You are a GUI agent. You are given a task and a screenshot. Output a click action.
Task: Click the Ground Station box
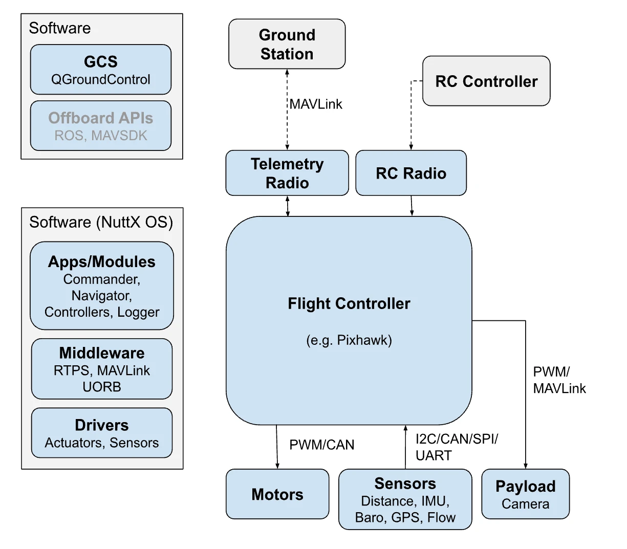click(x=287, y=44)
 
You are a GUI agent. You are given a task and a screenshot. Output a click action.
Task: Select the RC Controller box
click(x=486, y=81)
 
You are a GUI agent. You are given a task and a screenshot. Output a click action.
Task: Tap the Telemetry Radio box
click(x=287, y=173)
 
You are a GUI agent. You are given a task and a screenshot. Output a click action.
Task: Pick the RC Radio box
click(x=411, y=173)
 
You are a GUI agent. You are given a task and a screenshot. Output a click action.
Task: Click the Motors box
click(x=277, y=494)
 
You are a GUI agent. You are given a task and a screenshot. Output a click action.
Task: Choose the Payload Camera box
click(x=525, y=494)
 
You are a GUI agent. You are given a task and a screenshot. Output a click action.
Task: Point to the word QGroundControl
click(x=101, y=80)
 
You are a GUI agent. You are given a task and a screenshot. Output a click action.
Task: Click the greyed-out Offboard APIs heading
click(x=101, y=118)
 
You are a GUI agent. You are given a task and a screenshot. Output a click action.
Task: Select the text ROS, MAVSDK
click(x=101, y=136)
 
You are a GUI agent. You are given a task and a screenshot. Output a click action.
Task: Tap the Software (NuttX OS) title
click(x=101, y=222)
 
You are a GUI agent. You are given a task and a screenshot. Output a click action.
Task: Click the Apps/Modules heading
click(x=102, y=262)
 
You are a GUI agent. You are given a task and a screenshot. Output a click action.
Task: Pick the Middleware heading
click(x=102, y=353)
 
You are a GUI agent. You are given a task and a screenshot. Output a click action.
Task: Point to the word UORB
click(x=102, y=387)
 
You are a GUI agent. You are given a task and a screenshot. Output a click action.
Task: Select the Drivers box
click(x=102, y=433)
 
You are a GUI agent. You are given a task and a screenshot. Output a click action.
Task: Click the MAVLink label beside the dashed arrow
click(x=316, y=104)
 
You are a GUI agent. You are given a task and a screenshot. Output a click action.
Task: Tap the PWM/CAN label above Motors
click(x=321, y=445)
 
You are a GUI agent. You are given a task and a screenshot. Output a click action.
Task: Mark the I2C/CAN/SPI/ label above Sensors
click(x=457, y=439)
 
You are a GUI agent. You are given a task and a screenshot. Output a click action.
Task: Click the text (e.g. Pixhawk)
click(x=349, y=340)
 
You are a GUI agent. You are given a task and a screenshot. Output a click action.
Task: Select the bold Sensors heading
click(x=405, y=484)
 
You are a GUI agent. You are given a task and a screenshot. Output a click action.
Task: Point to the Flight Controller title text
click(x=349, y=304)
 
